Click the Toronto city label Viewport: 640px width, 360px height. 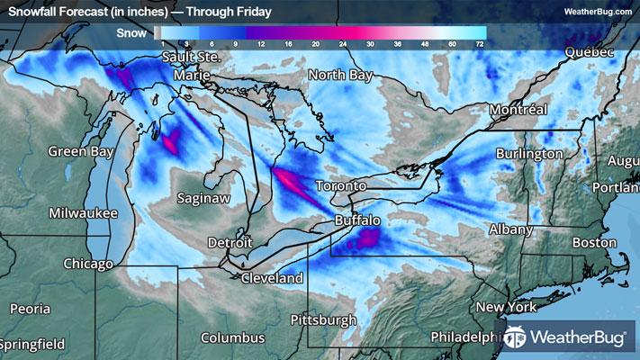tap(340, 186)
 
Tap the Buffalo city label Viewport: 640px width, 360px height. tap(357, 220)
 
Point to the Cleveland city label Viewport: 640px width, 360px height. tap(272, 279)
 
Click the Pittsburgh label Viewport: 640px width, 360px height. tap(323, 320)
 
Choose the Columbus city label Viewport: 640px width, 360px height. tap(232, 338)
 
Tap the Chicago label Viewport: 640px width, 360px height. tap(88, 265)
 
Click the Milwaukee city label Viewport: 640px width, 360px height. tap(84, 213)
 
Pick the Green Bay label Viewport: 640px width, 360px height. tap(78, 151)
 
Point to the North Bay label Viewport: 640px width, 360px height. tap(339, 76)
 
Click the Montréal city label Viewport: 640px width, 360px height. tap(518, 110)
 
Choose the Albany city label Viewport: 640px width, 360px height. tap(511, 229)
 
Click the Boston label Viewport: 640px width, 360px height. tap(594, 243)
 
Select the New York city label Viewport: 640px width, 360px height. tap(506, 308)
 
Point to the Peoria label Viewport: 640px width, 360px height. tap(30, 309)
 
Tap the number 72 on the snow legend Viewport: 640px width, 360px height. tap(481, 43)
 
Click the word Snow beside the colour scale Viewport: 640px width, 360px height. tap(132, 33)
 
